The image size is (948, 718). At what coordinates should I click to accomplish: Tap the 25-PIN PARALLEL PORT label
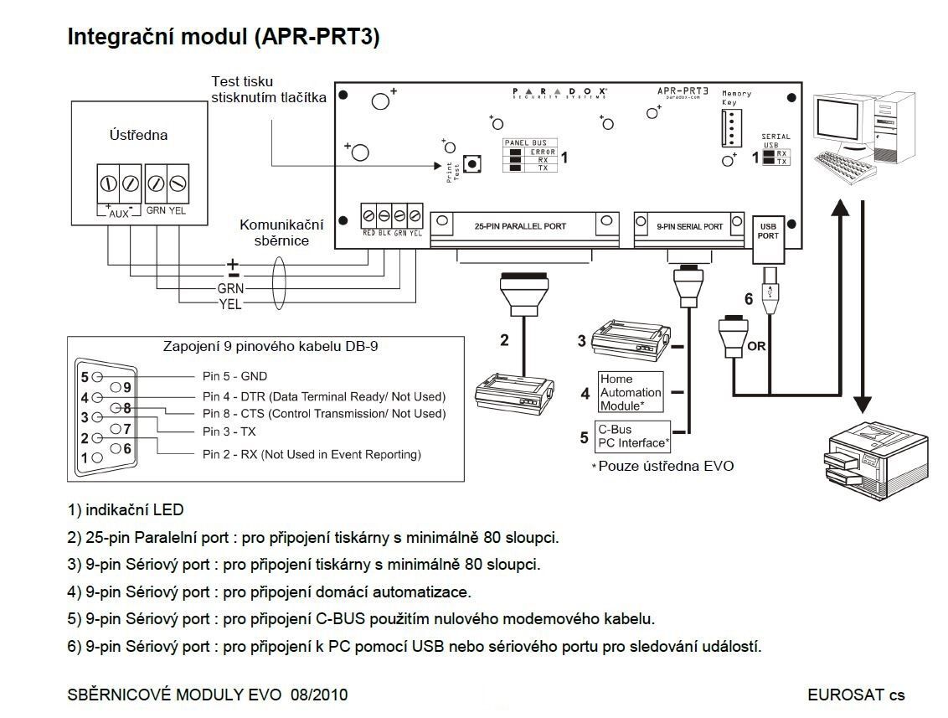(520, 225)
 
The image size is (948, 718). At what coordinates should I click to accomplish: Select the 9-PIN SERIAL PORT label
(690, 226)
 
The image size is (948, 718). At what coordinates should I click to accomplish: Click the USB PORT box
(768, 230)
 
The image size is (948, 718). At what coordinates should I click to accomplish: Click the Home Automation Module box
(630, 392)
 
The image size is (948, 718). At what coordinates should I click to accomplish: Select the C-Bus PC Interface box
(632, 436)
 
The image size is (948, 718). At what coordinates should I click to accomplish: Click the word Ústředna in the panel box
(138, 135)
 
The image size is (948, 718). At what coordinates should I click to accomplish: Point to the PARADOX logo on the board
(559, 90)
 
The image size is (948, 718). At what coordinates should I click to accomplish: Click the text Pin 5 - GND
(234, 377)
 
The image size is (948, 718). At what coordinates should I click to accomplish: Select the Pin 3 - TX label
(229, 432)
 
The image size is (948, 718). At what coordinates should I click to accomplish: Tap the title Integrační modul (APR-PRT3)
(224, 38)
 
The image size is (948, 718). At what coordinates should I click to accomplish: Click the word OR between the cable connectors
(757, 345)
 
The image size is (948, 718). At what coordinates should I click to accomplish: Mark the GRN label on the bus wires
(229, 288)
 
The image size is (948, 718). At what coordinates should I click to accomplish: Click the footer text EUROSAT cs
(856, 695)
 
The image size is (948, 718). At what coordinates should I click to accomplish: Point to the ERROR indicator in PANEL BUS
(543, 152)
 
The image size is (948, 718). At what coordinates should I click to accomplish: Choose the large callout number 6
(749, 298)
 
